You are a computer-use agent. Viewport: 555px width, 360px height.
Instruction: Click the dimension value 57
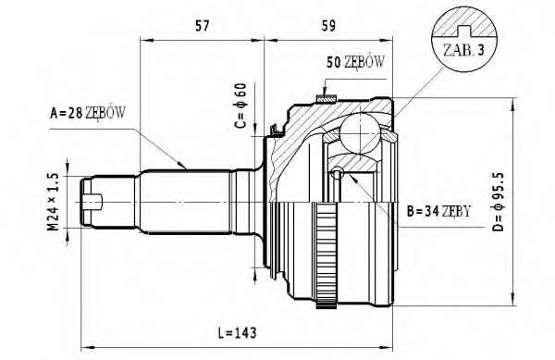point(202,26)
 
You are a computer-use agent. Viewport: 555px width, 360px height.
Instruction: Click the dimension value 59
point(328,26)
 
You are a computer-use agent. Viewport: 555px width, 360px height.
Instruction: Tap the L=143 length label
point(237,333)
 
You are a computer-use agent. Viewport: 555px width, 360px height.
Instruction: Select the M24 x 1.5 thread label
point(53,202)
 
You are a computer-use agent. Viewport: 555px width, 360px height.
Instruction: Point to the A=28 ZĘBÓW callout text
point(88,113)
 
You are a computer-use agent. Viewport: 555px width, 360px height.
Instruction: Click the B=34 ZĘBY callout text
point(438,212)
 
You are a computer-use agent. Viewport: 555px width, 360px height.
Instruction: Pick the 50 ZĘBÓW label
point(355,62)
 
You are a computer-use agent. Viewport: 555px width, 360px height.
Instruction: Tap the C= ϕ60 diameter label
point(240,106)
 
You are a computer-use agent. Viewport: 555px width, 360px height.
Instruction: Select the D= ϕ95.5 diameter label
point(498,202)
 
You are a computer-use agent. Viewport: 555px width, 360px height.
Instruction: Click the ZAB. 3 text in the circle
point(463,50)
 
